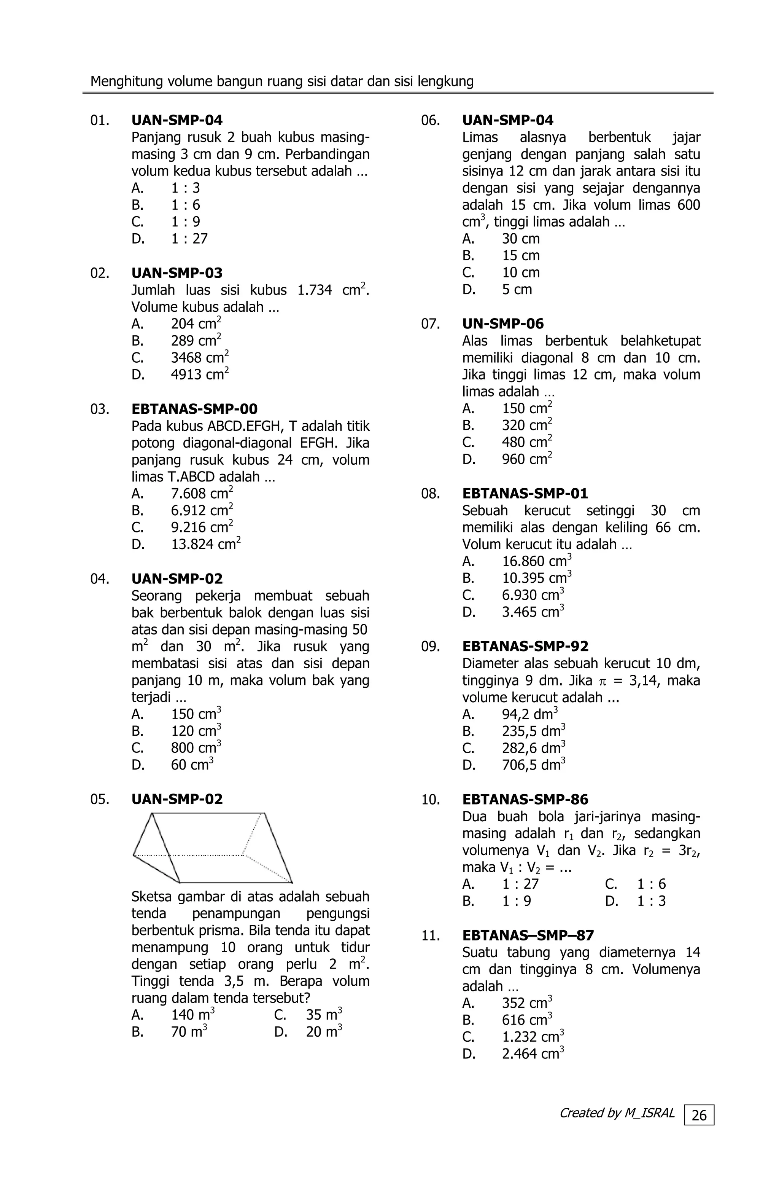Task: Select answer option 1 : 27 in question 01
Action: tap(189, 239)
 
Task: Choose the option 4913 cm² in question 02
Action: tap(200, 374)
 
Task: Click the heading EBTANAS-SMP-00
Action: tap(194, 409)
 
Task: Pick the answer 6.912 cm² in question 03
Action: tap(202, 510)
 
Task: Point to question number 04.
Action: tap(100, 579)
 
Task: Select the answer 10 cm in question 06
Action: tap(521, 273)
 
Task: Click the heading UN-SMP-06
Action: tap(502, 324)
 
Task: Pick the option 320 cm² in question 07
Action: tap(527, 426)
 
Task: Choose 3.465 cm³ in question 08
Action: tap(533, 612)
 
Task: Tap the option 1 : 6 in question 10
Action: tap(651, 884)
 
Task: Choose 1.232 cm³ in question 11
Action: tap(533, 1037)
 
